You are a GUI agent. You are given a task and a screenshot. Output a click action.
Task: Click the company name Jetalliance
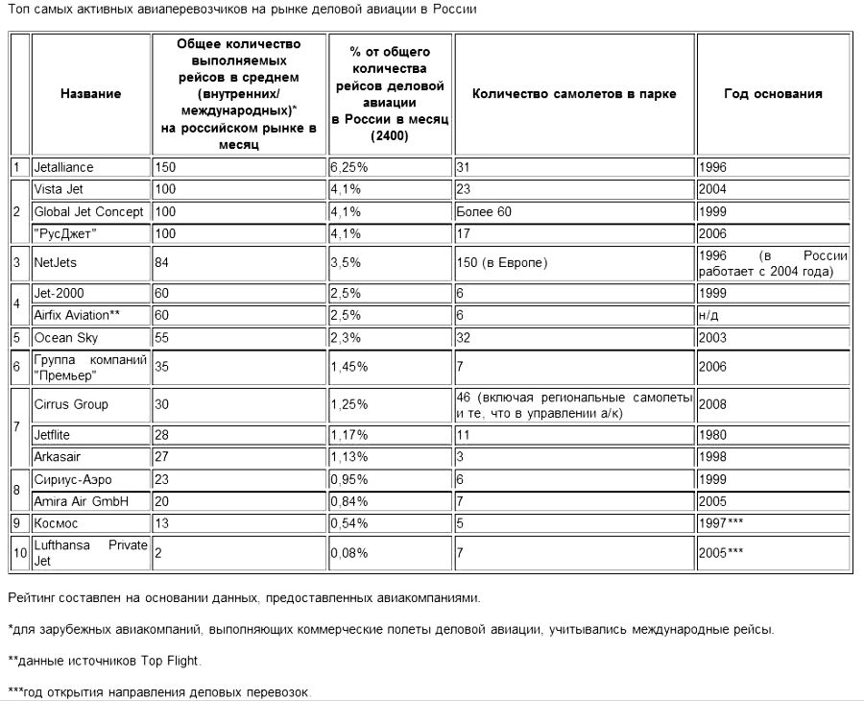coord(63,168)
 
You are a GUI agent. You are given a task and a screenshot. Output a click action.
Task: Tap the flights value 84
coord(163,259)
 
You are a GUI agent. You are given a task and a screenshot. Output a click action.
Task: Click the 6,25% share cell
coord(347,168)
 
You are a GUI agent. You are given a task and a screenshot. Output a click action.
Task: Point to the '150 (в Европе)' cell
coord(504,259)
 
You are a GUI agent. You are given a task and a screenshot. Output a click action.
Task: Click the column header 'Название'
coord(90,94)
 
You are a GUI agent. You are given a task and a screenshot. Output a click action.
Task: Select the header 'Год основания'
coord(773,94)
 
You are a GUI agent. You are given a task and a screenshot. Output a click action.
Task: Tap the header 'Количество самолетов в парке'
coord(574,94)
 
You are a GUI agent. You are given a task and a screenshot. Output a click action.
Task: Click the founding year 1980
coord(713,435)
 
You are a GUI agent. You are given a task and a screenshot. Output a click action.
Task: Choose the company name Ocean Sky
coord(65,338)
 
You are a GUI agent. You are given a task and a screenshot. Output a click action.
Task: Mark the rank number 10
coord(19,553)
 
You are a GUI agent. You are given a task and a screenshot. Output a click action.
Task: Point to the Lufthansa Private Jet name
coord(89,552)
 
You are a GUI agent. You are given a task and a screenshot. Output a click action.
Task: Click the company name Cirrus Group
coord(71,404)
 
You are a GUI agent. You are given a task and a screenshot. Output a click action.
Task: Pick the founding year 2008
coord(713,404)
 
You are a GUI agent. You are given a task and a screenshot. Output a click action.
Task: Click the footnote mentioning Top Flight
coord(105,661)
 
